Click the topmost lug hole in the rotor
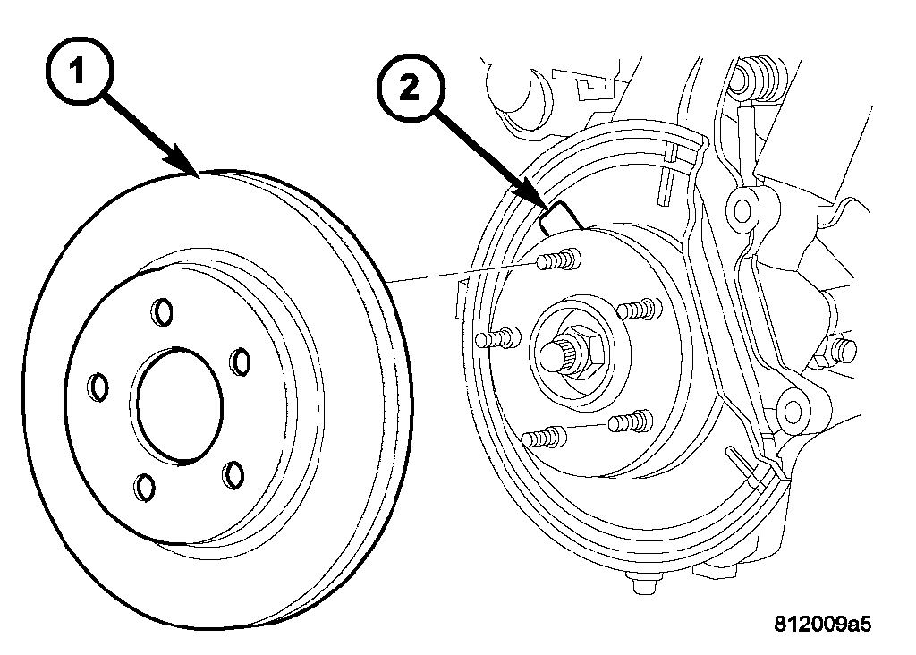(162, 310)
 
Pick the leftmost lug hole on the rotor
(99, 388)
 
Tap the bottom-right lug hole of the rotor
(235, 473)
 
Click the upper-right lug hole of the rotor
(240, 362)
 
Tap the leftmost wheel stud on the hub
(496, 338)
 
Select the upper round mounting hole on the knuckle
(742, 209)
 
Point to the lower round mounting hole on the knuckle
(788, 411)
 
